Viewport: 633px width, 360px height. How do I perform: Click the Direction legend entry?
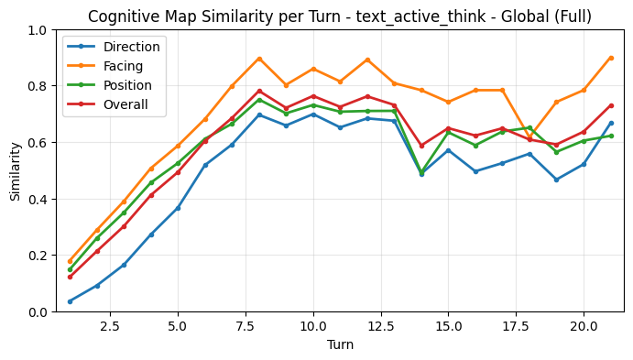click(131, 47)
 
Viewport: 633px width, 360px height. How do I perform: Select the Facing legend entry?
click(125, 66)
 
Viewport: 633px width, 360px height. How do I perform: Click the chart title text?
click(340, 16)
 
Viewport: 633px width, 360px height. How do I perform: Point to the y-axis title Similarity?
click(16, 171)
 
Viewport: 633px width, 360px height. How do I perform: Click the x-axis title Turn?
click(340, 345)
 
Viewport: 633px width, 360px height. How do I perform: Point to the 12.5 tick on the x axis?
click(380, 325)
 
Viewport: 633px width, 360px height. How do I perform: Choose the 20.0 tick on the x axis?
click(584, 325)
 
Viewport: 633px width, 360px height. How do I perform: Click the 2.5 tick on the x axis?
click(110, 325)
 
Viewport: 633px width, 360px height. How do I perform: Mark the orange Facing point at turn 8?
click(259, 59)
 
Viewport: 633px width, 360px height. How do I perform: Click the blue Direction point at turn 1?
click(70, 301)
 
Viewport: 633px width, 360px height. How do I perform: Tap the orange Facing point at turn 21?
click(611, 58)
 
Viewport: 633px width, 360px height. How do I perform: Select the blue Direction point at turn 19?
click(557, 180)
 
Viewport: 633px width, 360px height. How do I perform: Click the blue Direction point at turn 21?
click(611, 123)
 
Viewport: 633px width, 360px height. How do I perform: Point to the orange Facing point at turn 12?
click(367, 60)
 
